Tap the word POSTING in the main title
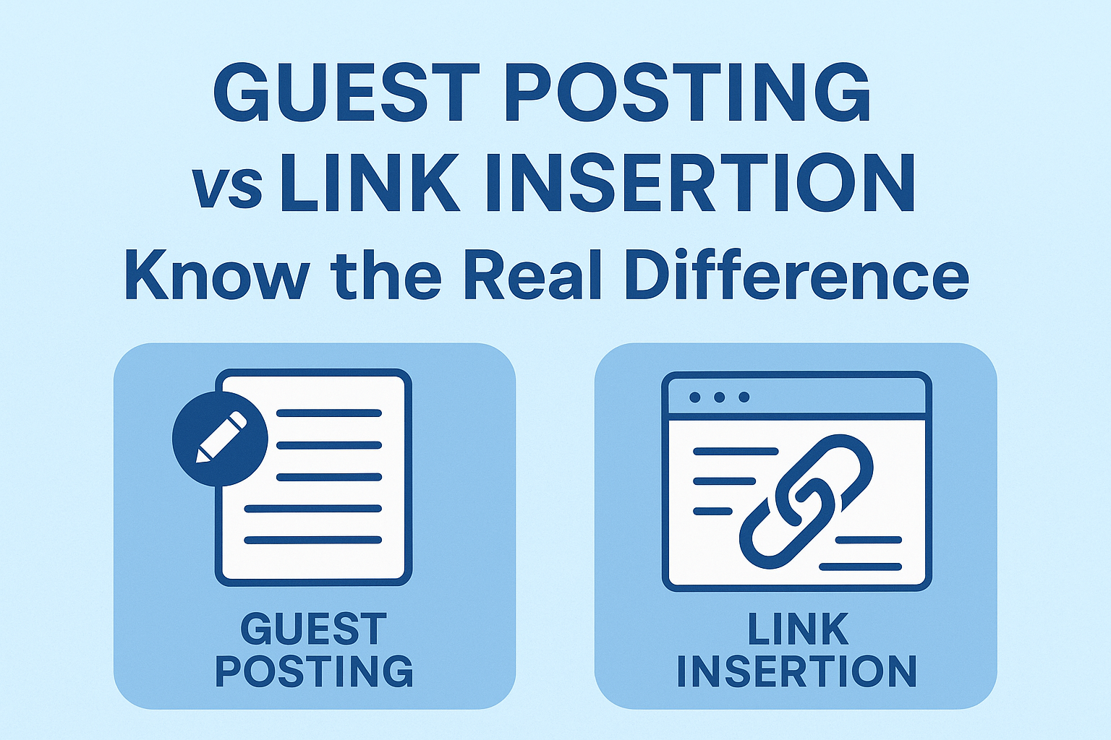pyautogui.click(x=691, y=93)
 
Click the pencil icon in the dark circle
pyautogui.click(x=220, y=438)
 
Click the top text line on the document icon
pyautogui.click(x=329, y=413)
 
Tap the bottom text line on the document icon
pyautogui.click(x=312, y=540)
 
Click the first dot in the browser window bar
pyautogui.click(x=695, y=397)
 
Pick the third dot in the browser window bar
pyautogui.click(x=744, y=397)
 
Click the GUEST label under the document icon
pyautogui.click(x=313, y=629)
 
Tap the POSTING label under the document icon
pyautogui.click(x=313, y=671)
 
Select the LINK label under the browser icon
pyautogui.click(x=797, y=629)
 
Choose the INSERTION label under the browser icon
pyautogui.click(x=796, y=671)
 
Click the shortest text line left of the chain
pyautogui.click(x=712, y=512)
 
